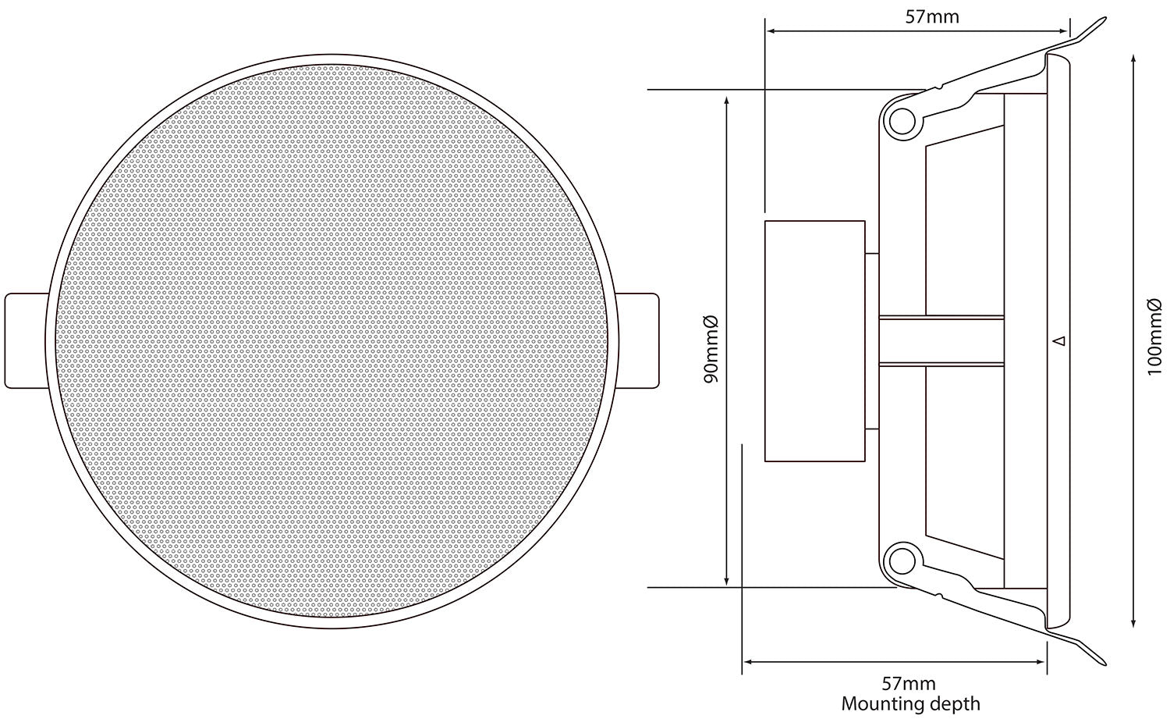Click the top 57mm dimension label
pos(932,17)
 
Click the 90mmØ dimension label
pos(711,349)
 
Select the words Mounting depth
pos(910,704)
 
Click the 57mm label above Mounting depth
pos(909,683)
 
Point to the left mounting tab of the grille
pos(26,341)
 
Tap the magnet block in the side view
pos(815,341)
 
